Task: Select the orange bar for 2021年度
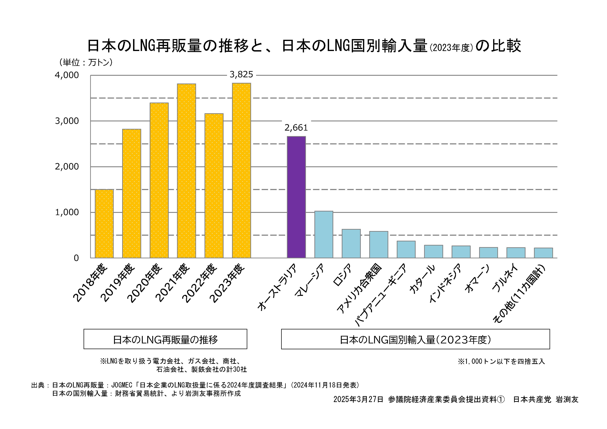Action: coord(186,171)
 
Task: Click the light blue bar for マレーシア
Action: coord(324,234)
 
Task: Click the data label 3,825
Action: coord(241,75)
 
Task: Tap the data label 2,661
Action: coord(296,128)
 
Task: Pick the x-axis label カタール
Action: coord(422,279)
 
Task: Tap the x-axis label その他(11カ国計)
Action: coord(519,294)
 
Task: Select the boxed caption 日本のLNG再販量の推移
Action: coord(165,339)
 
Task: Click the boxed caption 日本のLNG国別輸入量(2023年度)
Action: coord(415,339)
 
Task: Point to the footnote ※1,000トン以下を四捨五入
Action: coord(501,361)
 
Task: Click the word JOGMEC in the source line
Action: coord(122,385)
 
